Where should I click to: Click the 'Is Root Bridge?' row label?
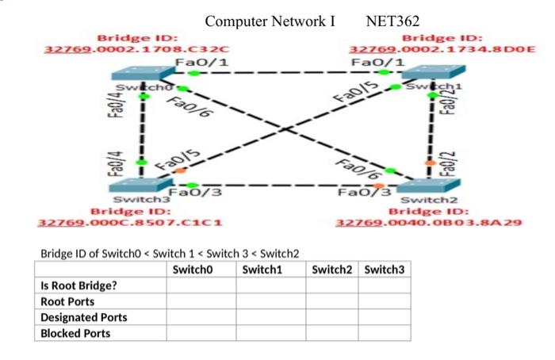tap(78, 285)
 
